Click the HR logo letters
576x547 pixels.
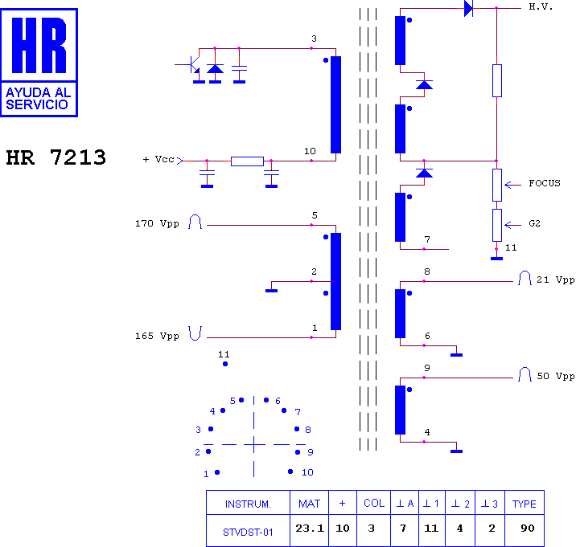(39, 45)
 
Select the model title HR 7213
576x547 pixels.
(56, 157)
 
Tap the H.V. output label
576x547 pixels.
(541, 6)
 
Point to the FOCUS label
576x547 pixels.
(545, 183)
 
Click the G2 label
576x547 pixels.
(534, 223)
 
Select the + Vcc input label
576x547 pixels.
(158, 159)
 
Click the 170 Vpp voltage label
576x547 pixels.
(157, 223)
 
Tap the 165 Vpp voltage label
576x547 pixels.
(157, 336)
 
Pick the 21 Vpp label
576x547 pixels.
(555, 280)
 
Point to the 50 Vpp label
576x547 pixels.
(555, 376)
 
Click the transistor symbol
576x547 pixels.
(191, 65)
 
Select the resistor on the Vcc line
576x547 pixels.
(247, 161)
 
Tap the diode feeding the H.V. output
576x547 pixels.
(468, 8)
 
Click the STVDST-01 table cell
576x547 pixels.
(248, 532)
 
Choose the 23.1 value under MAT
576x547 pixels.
(310, 529)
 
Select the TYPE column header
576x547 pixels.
(525, 504)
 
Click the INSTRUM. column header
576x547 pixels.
(248, 504)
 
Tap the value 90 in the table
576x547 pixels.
(528, 529)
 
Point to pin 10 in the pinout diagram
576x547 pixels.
(290, 471)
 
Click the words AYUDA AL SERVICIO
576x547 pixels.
(38, 98)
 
